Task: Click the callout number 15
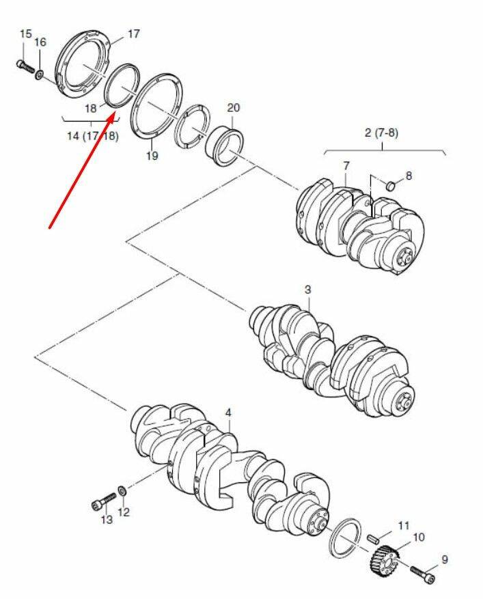click(25, 33)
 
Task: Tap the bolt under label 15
click(25, 67)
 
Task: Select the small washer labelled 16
click(40, 75)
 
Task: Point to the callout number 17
click(133, 34)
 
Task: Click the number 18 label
click(91, 109)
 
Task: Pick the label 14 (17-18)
click(93, 136)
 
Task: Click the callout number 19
click(152, 156)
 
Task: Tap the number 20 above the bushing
click(233, 108)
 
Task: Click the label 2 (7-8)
click(381, 133)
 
